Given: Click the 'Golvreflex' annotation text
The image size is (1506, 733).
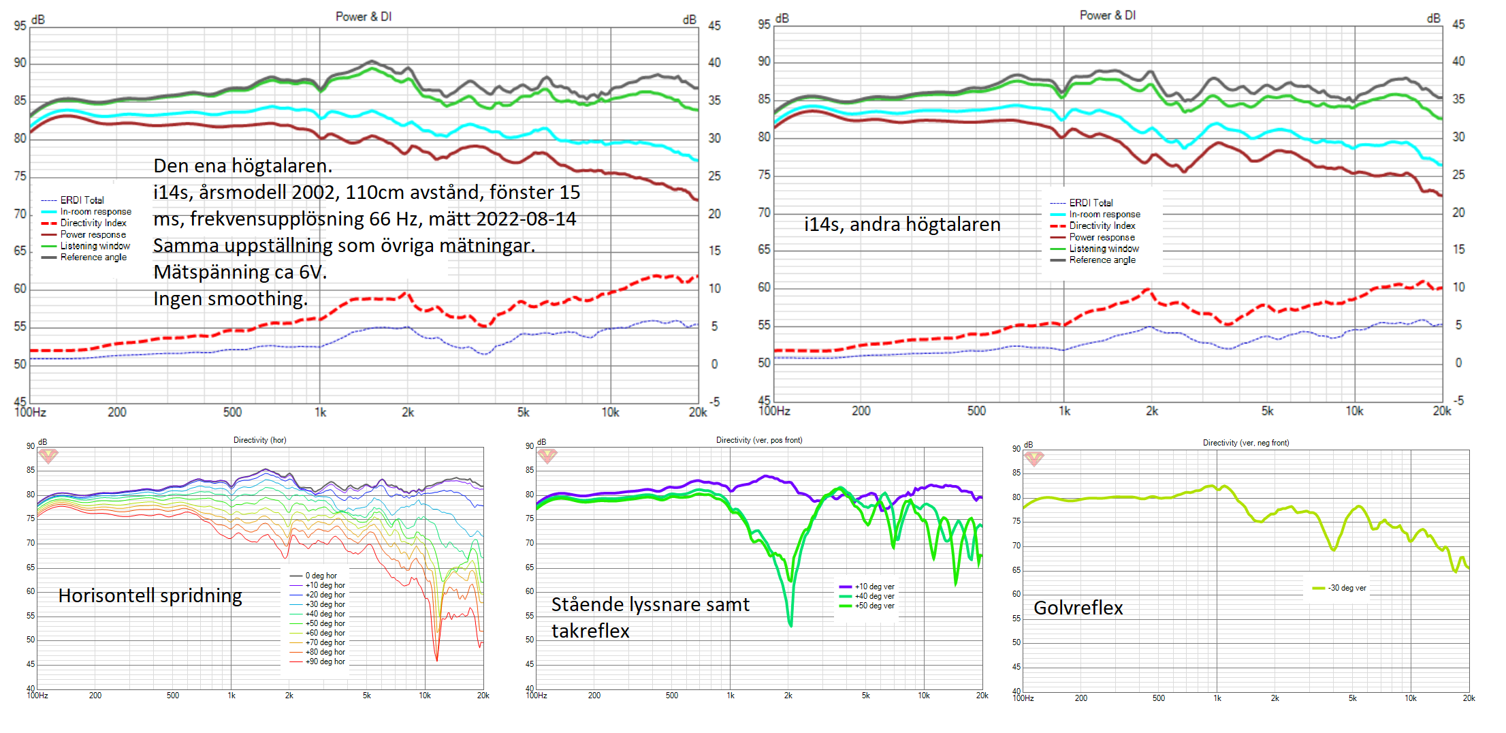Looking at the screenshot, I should (1078, 608).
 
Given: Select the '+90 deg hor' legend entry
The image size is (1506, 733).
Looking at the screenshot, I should (325, 661).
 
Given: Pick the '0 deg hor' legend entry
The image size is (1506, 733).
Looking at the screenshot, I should (321, 576).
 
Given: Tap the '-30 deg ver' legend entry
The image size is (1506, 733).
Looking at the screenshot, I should (1346, 588).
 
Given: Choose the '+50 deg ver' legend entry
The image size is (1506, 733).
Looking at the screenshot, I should (874, 606).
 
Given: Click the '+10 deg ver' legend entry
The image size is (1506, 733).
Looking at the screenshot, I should (874, 587).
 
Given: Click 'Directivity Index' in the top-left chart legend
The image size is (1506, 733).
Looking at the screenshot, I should (93, 223).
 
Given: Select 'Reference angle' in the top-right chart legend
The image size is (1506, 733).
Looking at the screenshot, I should (1102, 260).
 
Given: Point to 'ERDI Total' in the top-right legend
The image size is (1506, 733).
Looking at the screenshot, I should (1091, 202).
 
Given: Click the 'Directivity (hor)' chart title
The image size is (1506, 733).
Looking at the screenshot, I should (259, 440).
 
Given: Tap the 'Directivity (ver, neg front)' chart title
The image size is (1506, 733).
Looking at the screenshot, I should (1245, 443).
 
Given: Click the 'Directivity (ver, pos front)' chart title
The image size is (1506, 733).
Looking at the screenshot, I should (758, 440).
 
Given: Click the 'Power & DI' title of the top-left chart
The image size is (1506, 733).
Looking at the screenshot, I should (364, 16).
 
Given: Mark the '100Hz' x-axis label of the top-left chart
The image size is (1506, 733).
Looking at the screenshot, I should (30, 412).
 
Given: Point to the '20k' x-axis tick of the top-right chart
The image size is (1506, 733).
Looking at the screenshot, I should (1441, 411).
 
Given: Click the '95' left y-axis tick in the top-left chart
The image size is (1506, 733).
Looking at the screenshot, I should (20, 26).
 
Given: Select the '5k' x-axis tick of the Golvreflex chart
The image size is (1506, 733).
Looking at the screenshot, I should (1352, 698).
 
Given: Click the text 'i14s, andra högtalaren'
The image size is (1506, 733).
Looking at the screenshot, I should (901, 224).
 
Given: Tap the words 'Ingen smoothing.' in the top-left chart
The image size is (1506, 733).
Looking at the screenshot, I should (230, 298).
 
